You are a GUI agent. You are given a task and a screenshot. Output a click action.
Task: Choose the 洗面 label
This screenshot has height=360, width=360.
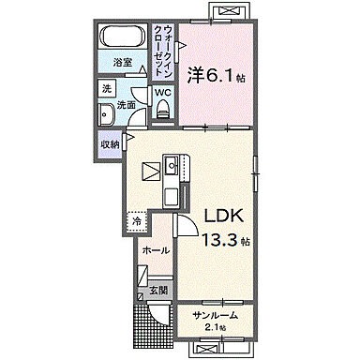125,106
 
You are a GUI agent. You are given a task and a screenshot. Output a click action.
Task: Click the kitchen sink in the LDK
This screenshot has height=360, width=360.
172,168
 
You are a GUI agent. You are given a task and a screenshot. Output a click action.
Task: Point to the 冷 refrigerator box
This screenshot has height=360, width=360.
137,222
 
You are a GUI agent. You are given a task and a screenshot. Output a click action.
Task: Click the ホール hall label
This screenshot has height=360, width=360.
156,250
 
